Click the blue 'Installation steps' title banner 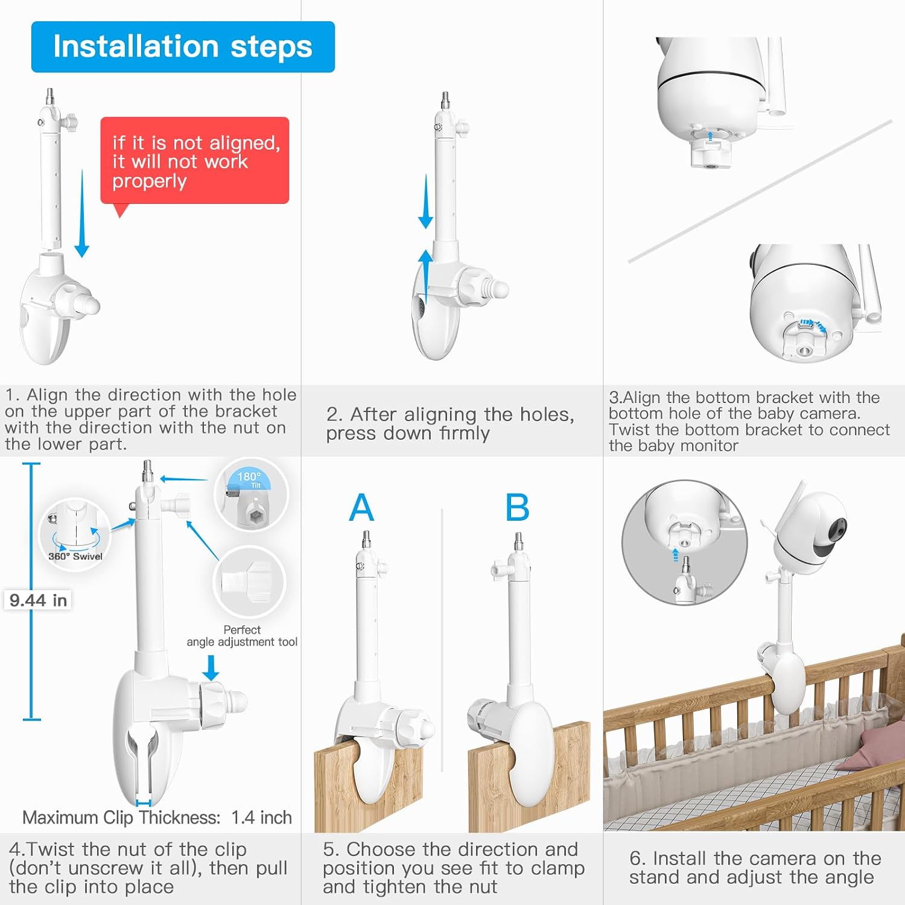click(183, 47)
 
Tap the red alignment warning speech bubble click(194, 161)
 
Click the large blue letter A click(361, 507)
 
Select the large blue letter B click(517, 507)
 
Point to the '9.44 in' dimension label click(38, 600)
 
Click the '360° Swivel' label click(75, 556)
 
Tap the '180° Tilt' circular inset click(252, 495)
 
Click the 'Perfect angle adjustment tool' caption click(242, 636)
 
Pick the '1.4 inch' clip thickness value click(262, 818)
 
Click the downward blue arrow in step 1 click(82, 214)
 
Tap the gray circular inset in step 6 click(684, 542)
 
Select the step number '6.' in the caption click(638, 859)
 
